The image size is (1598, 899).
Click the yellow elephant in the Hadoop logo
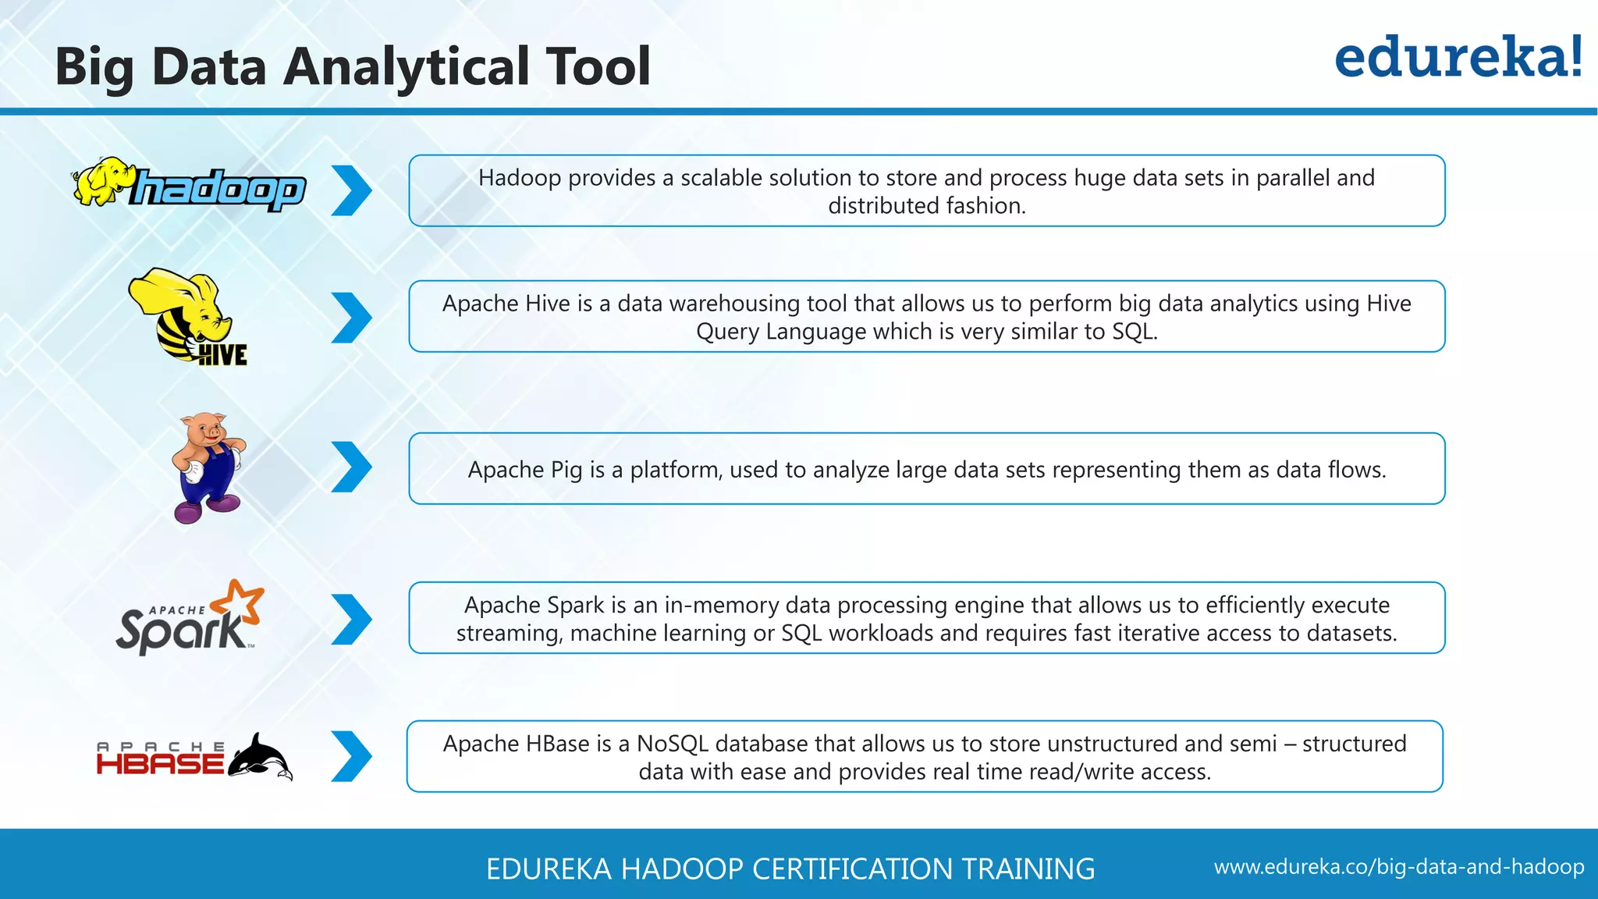[101, 181]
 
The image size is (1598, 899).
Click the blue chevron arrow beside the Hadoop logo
[351, 190]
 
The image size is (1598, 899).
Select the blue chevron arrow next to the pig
[351, 467]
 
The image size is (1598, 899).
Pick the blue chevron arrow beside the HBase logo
[351, 756]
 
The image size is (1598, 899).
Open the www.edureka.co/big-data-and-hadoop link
[1398, 867]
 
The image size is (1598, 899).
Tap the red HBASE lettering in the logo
[160, 763]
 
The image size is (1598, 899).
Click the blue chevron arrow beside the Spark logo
[351, 620]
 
